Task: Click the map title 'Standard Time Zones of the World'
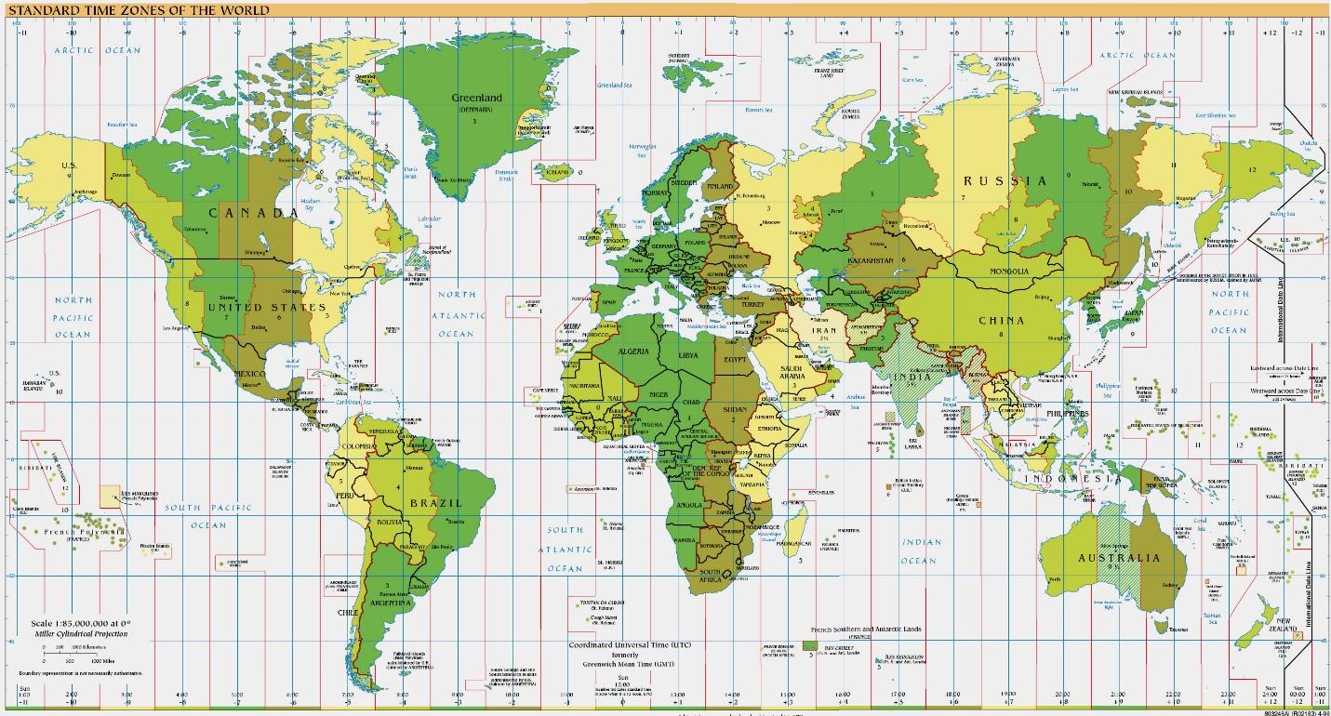139,11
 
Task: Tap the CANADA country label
253,213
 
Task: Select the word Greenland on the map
476,98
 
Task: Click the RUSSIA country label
1005,180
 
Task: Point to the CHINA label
1001,321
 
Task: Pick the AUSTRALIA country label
1119,558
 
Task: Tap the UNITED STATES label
267,307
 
